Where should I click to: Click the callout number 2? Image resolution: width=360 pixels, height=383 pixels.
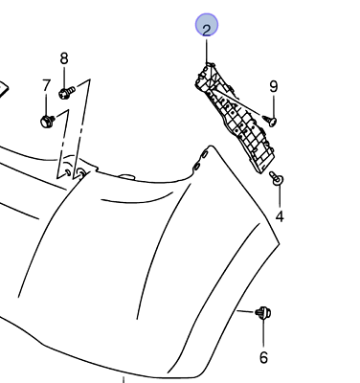tap(207, 30)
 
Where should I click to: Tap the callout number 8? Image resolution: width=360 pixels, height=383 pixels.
tap(64, 58)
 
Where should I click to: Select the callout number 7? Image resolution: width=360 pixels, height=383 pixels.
tap(47, 86)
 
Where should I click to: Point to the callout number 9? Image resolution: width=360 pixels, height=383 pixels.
tap(274, 86)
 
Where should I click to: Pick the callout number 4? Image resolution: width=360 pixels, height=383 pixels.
tap(280, 216)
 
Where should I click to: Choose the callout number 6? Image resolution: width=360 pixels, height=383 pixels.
tap(263, 357)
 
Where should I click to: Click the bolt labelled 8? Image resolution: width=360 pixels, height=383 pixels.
tap(67, 92)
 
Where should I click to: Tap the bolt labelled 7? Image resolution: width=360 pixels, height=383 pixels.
tap(48, 122)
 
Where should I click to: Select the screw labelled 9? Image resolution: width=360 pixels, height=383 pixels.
tap(270, 121)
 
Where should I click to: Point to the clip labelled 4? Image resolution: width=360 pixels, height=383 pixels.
tap(277, 179)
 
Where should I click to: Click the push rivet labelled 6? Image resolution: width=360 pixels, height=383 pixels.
tap(263, 313)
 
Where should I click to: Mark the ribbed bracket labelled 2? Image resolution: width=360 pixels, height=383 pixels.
tap(235, 118)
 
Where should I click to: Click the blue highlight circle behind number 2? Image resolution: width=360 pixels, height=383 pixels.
tap(207, 25)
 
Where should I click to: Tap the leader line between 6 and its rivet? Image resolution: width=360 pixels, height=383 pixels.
tap(263, 332)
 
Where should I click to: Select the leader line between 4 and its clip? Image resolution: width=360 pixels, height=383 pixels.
tap(280, 195)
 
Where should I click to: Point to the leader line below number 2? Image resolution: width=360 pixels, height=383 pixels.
tap(207, 51)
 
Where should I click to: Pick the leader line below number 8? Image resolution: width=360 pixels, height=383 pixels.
tap(64, 78)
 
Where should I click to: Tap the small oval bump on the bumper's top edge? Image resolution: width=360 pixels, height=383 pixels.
tap(126, 176)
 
